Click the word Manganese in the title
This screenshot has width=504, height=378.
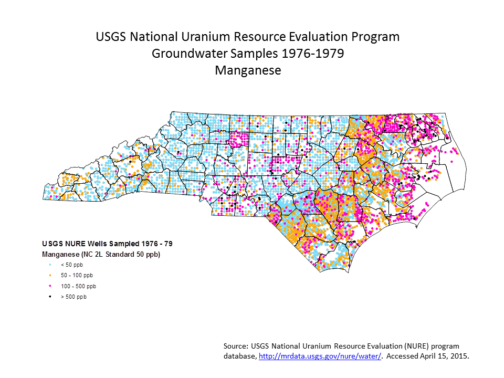coord(248,70)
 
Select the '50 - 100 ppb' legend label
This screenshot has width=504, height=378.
coord(77,275)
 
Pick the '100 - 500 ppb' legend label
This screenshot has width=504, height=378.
coord(78,286)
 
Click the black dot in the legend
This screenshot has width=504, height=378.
coord(50,297)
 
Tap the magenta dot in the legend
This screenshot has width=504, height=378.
coord(50,286)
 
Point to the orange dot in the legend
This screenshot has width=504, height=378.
coord(50,275)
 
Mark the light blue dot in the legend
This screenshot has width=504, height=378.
coord(50,265)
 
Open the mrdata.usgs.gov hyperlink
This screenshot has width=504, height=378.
coord(319,356)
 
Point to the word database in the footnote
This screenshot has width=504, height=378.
coord(239,356)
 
